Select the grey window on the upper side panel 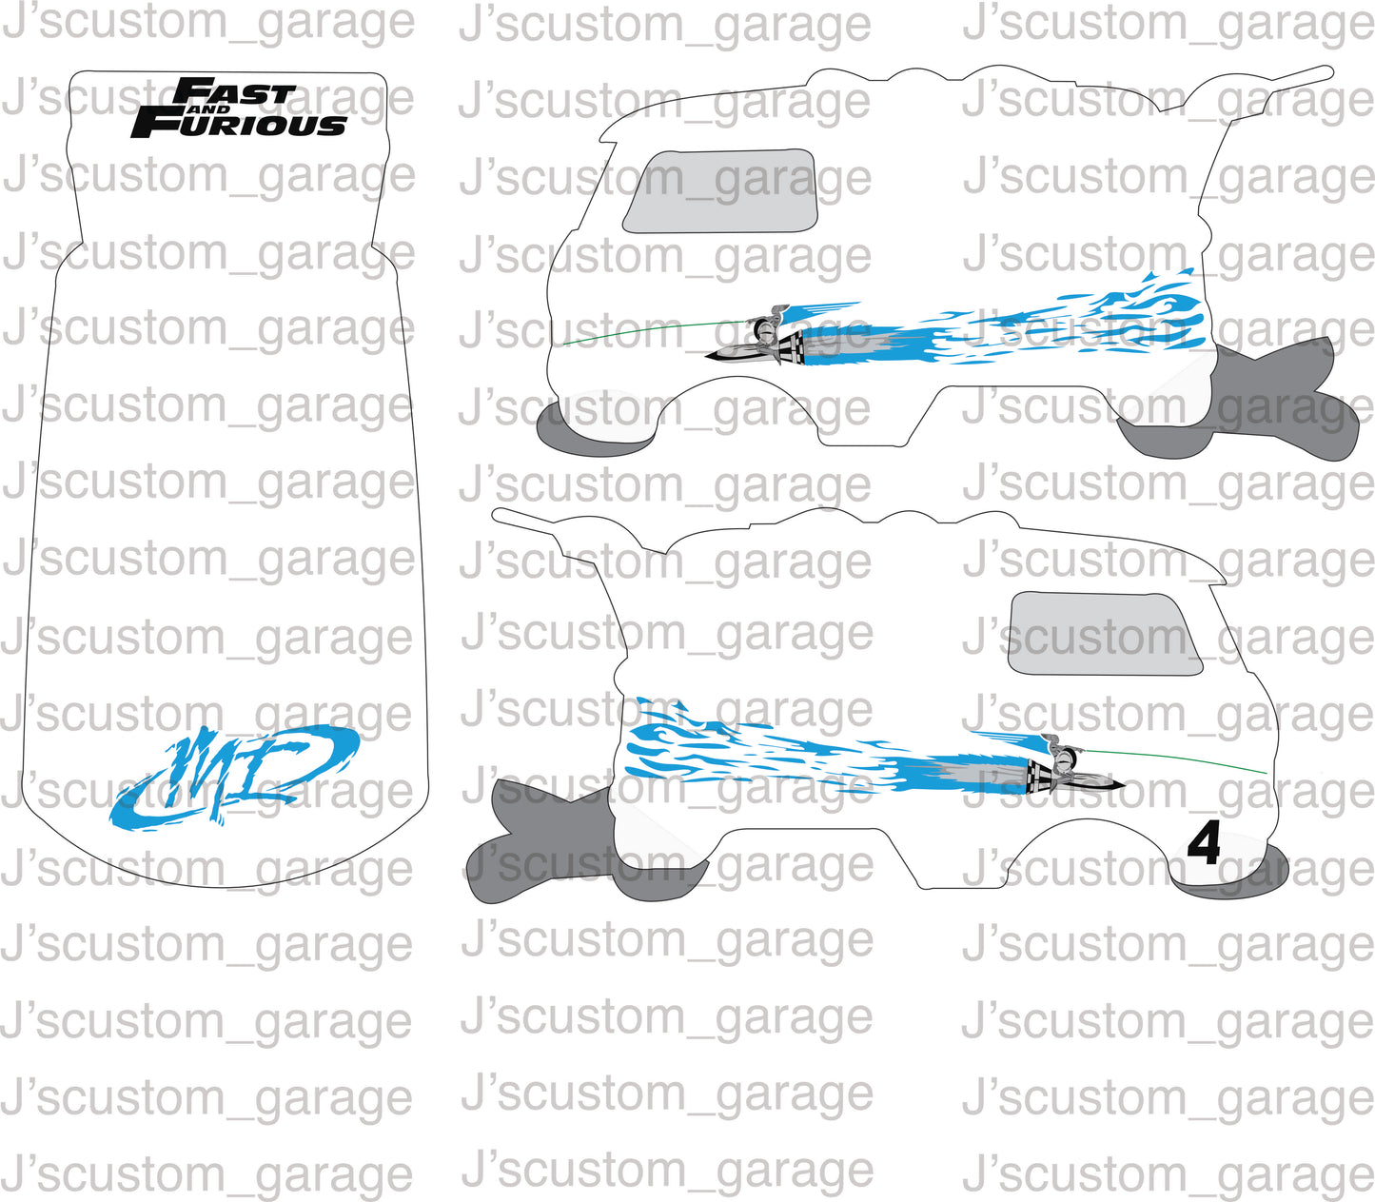pos(720,190)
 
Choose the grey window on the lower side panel pos(1102,634)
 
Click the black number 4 pos(1204,843)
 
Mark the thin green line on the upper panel pos(647,330)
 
